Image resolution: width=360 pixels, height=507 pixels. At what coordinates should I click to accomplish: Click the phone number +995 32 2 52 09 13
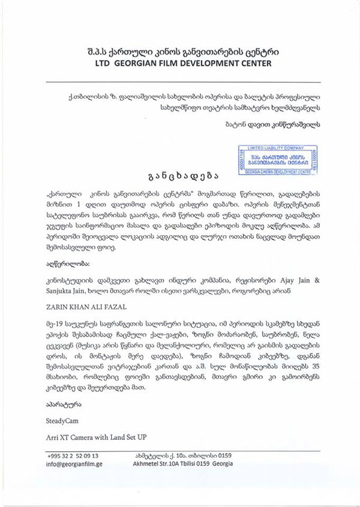tap(72, 455)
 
